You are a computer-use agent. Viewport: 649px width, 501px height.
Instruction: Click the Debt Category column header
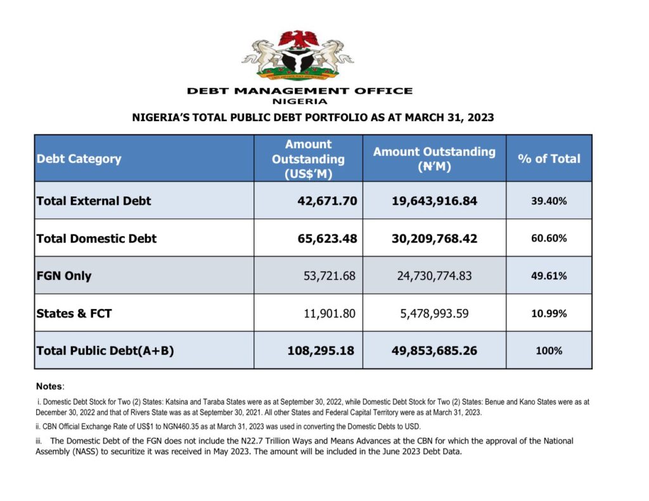pos(79,158)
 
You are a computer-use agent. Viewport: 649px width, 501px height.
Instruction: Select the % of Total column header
pos(549,158)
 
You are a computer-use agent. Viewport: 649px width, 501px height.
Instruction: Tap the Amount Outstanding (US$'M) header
pos(308,159)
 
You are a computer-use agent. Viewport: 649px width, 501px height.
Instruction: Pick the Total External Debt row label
pos(94,201)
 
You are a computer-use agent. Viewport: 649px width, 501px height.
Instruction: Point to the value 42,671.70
pos(327,201)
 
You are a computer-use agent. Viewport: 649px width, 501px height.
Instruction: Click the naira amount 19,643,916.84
pos(434,201)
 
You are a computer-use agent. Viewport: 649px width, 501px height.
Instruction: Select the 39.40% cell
pos(549,201)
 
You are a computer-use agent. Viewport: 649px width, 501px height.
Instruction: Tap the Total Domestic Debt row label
pos(96,238)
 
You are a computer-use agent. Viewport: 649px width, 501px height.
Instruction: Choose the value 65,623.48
pos(327,238)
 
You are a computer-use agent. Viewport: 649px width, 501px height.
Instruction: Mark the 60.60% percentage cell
pos(549,238)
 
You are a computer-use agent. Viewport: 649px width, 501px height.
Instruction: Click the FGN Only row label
pos(64,276)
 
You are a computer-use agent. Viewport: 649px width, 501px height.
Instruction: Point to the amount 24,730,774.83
pos(434,276)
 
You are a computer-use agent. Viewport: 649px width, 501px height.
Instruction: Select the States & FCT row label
pos(74,313)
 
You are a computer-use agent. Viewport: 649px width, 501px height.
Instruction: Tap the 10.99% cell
pos(549,313)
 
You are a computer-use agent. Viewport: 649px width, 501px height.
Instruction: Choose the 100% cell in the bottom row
pos(549,350)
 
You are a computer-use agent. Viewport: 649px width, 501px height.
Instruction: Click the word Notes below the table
pos(49,386)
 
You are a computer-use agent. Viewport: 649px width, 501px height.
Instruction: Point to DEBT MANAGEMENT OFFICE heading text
pos(300,91)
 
